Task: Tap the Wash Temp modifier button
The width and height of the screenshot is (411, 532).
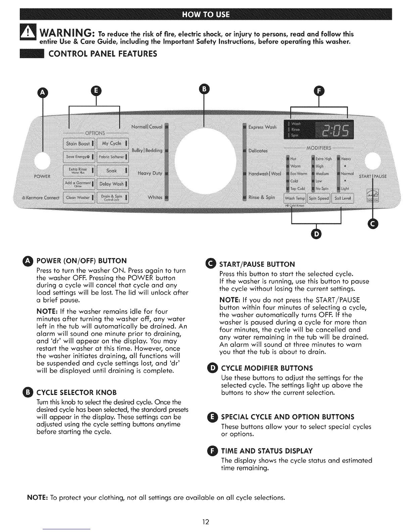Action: pos(295,198)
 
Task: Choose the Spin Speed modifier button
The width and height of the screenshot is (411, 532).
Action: pos(319,198)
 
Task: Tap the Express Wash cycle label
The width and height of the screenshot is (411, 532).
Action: pos(262,127)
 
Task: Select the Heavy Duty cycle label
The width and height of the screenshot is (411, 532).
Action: pos(150,174)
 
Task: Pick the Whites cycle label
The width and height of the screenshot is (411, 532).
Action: pos(155,197)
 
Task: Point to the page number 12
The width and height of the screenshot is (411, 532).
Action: pos(205,522)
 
